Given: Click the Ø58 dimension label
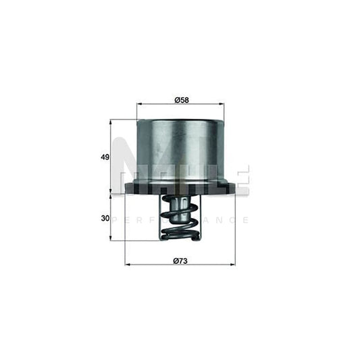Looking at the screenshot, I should tap(180, 99).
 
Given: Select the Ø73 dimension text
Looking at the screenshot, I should tap(180, 259).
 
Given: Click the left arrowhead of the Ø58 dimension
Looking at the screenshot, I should tap(139, 105).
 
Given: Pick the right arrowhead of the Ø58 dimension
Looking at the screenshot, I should tap(222, 105).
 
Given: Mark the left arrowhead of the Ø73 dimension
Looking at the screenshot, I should tap(128, 264).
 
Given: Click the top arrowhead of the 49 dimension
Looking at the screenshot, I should tap(111, 122).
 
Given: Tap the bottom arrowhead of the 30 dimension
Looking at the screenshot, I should tap(111, 239).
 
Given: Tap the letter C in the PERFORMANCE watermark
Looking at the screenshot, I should tap(234, 220).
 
